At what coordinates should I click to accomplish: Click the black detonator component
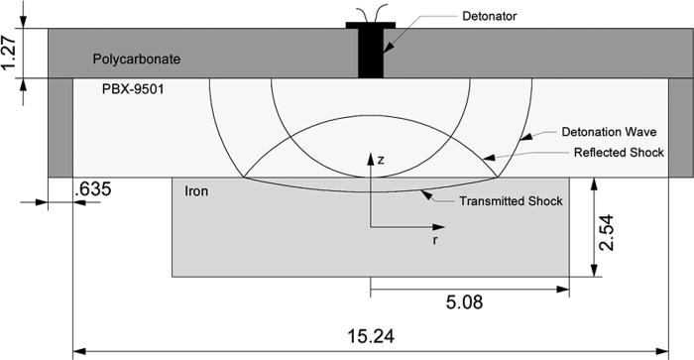[x=371, y=50]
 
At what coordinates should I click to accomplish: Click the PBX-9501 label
[x=134, y=88]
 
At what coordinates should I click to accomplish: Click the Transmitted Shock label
[x=512, y=200]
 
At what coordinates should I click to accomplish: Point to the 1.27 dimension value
[x=9, y=54]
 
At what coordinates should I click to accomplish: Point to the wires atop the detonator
[x=371, y=13]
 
